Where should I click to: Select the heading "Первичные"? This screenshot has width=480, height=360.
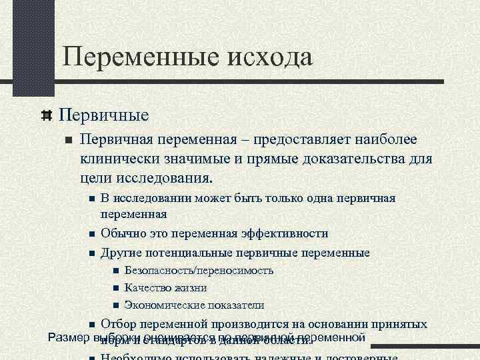(103, 115)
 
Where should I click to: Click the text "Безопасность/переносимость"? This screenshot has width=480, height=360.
(199, 271)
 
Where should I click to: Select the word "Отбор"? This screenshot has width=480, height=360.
(119, 325)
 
